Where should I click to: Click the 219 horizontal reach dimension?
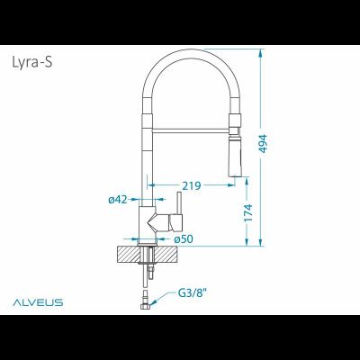coord(190,185)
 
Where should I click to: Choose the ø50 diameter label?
coord(183,238)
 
